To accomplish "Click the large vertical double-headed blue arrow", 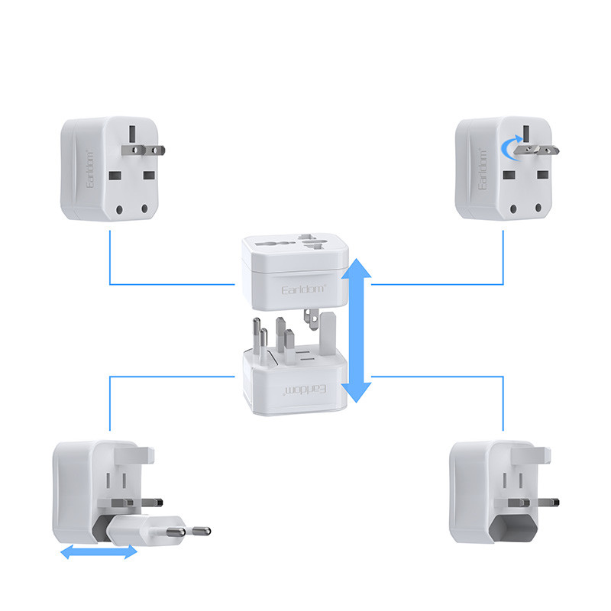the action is point(356,331).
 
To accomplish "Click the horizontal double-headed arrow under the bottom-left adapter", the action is point(99,551).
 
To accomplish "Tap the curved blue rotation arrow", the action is point(509,149).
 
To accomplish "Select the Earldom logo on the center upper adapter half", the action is point(303,289).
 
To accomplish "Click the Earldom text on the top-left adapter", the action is point(89,169).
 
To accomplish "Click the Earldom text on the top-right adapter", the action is point(483,169).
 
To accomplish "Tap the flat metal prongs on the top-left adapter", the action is point(143,150).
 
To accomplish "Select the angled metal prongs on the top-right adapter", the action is point(537,150).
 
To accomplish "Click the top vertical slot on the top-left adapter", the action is point(132,134).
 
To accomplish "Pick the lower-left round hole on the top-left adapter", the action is point(120,210).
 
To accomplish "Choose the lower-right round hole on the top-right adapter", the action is point(538,208).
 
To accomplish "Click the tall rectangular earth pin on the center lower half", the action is point(328,333).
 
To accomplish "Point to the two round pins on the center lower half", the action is point(260,336).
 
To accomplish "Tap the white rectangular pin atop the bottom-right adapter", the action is point(531,455).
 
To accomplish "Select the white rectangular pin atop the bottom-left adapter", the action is point(134,455).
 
